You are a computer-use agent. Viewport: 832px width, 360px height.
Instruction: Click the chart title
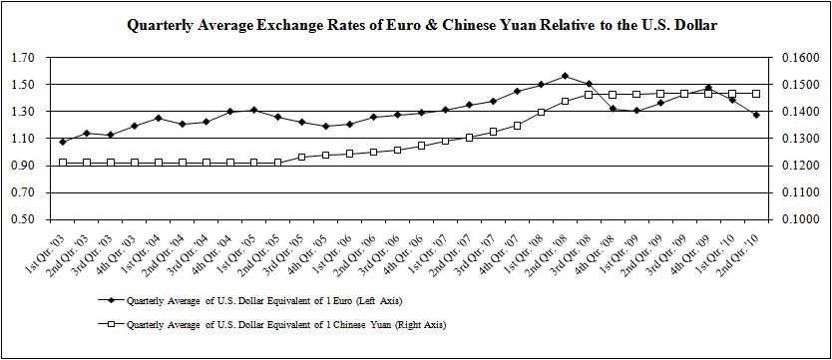click(422, 26)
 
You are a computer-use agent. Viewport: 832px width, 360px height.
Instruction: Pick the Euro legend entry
click(250, 300)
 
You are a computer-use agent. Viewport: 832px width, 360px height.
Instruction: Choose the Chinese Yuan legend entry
click(272, 324)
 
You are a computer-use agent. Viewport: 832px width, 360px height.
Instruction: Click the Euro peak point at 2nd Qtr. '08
click(565, 76)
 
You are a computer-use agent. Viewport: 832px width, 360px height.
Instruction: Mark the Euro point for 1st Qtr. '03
click(63, 142)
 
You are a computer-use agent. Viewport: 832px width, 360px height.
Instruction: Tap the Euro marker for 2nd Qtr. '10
click(756, 115)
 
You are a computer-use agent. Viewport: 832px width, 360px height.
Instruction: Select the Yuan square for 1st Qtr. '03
click(63, 163)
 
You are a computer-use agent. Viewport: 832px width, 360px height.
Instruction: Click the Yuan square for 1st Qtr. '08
click(541, 112)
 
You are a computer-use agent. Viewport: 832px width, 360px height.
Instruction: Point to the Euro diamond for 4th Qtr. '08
click(613, 109)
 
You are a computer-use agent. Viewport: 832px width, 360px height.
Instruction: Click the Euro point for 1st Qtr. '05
click(254, 110)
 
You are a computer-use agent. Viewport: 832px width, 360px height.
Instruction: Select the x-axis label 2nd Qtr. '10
click(739, 250)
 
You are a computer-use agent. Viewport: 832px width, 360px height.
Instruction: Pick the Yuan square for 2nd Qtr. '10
click(756, 94)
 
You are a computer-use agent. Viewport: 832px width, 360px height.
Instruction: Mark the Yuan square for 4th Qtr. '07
click(517, 126)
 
